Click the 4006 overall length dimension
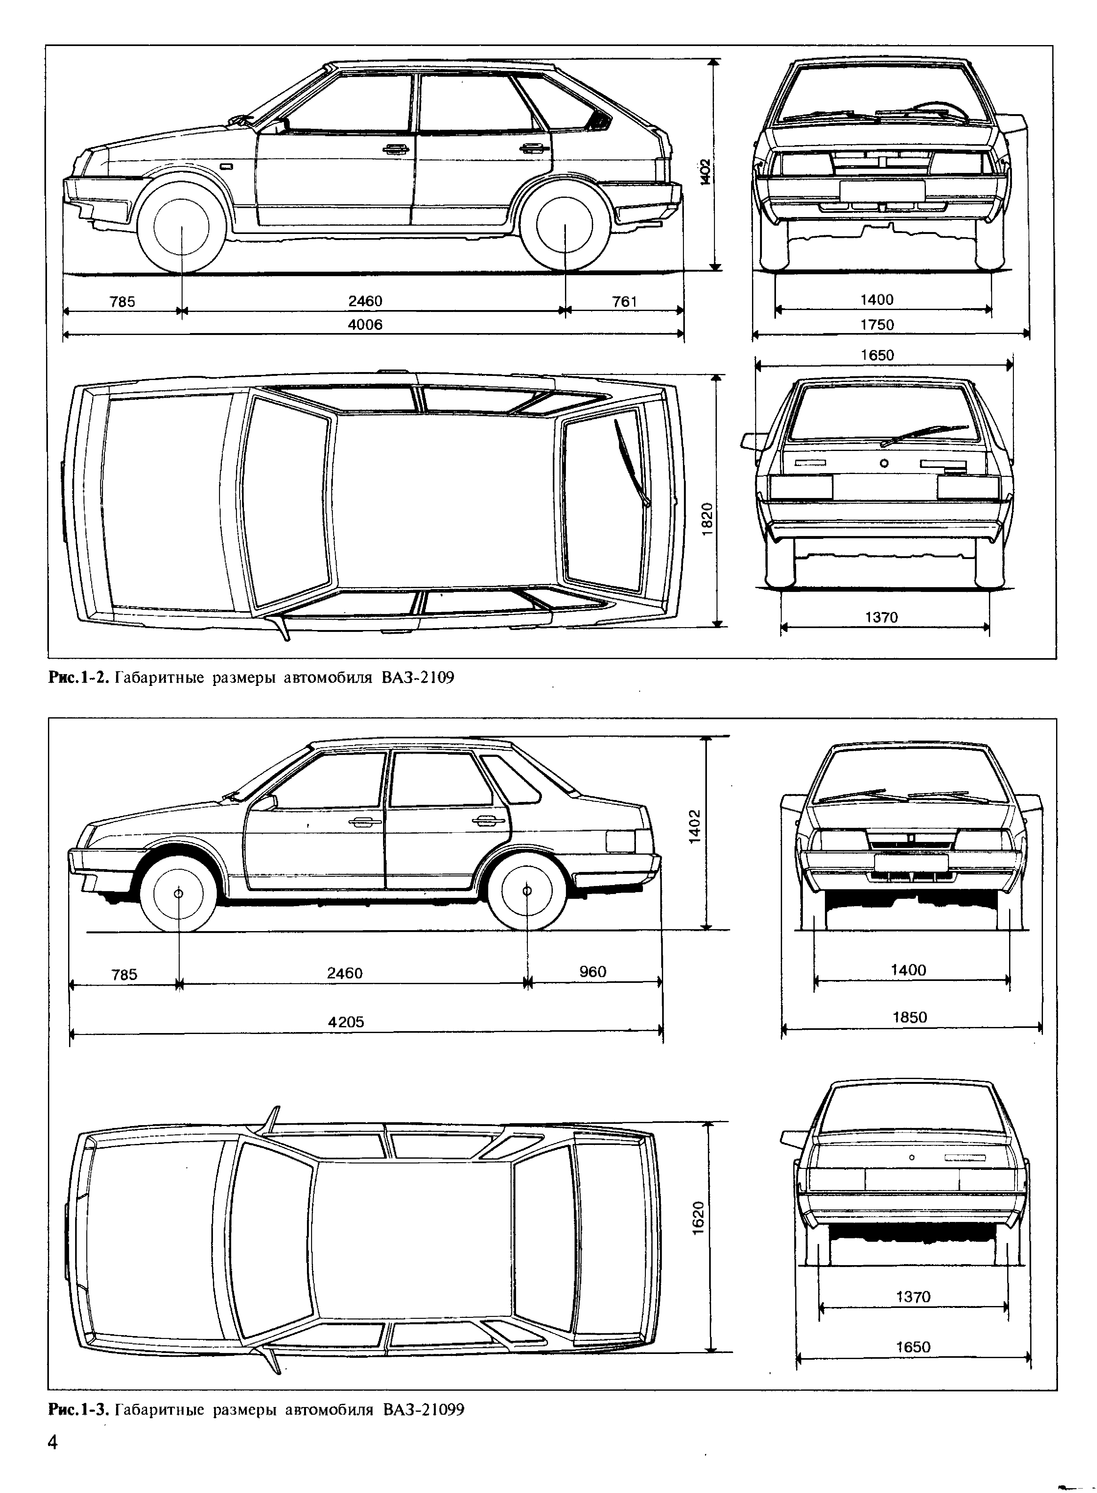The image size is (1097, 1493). point(365,325)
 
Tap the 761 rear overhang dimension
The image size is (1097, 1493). point(624,302)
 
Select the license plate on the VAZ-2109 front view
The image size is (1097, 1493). point(882,191)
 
